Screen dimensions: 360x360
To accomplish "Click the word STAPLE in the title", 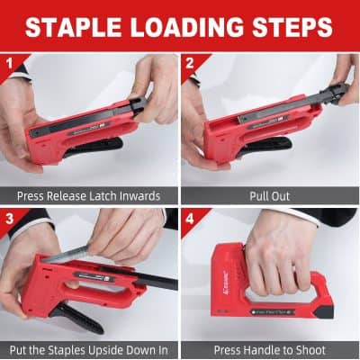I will coord(78,27).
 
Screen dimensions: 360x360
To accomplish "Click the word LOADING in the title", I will coord(187,27).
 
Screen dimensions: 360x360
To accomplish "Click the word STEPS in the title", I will coord(291,27).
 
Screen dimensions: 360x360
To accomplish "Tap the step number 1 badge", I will coord(9,62).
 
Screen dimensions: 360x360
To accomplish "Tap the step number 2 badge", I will coord(190,62).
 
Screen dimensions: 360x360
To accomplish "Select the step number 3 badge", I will coord(9,217).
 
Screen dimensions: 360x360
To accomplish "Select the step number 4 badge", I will coord(190,217).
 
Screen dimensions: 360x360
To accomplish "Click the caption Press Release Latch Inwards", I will coord(89,194).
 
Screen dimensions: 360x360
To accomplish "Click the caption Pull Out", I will coord(270,194).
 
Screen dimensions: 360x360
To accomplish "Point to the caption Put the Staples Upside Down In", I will coord(89,349).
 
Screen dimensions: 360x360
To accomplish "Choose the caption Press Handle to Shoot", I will coord(270,349).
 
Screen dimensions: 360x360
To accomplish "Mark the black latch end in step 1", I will coord(137,106).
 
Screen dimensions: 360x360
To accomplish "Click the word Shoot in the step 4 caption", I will coord(307,349).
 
